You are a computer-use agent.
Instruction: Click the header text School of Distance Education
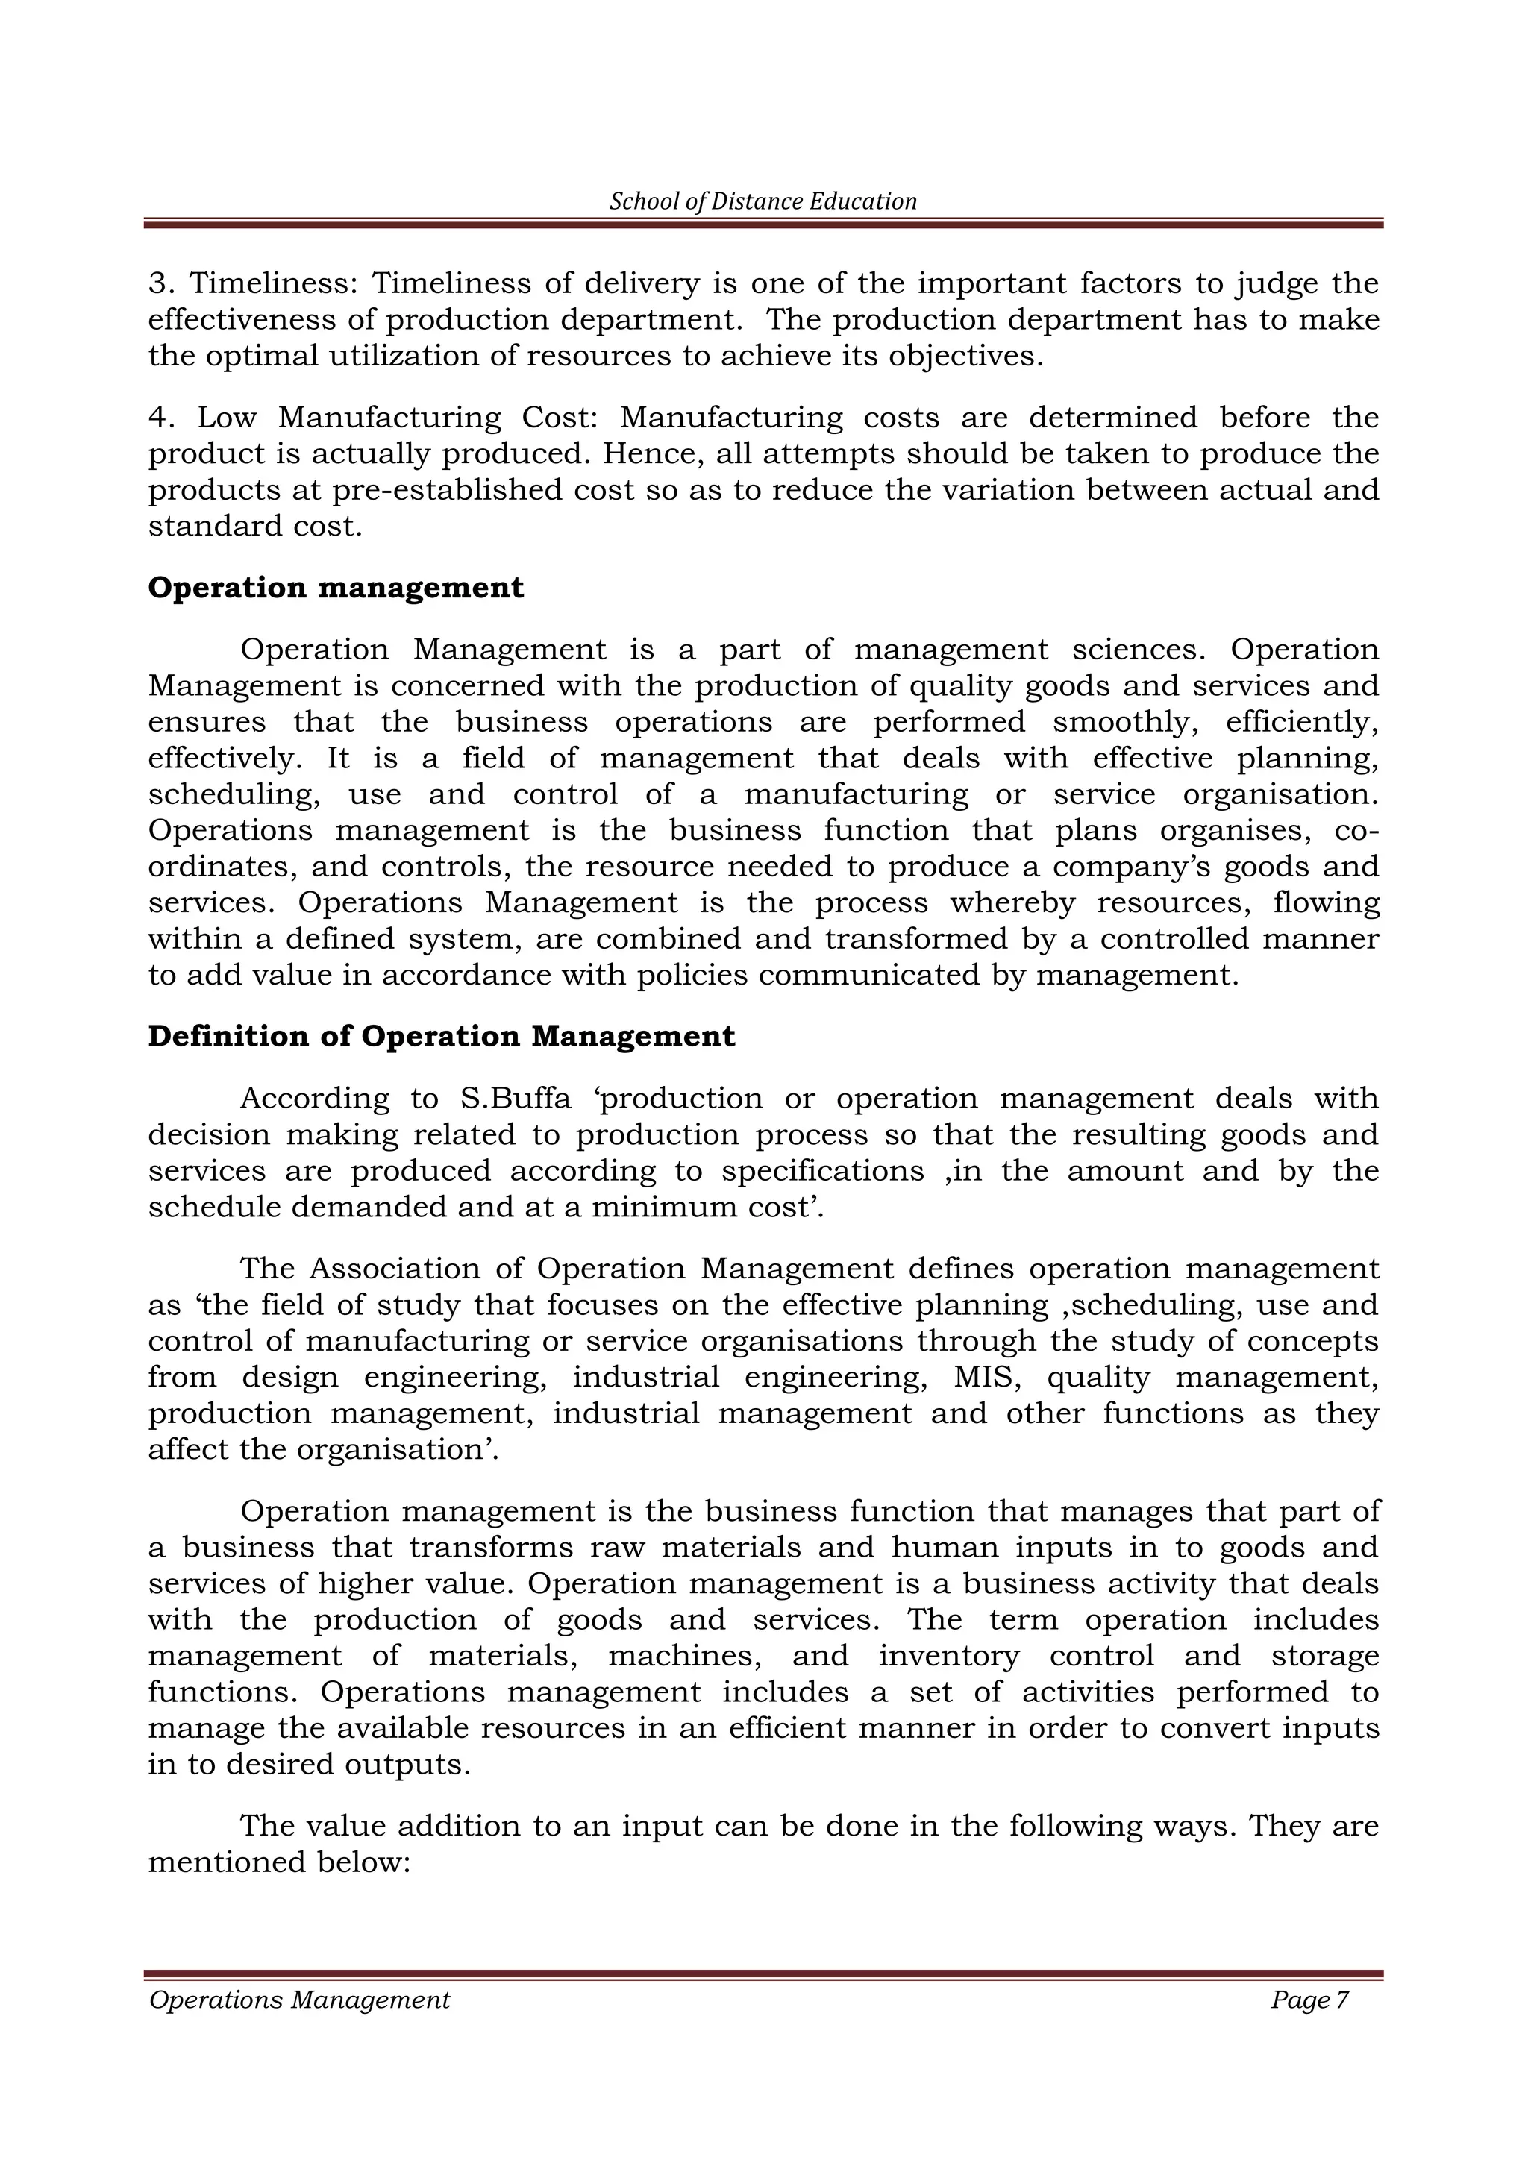[763, 201]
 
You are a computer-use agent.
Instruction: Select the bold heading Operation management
[336, 588]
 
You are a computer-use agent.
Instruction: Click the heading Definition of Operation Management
[441, 1037]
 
